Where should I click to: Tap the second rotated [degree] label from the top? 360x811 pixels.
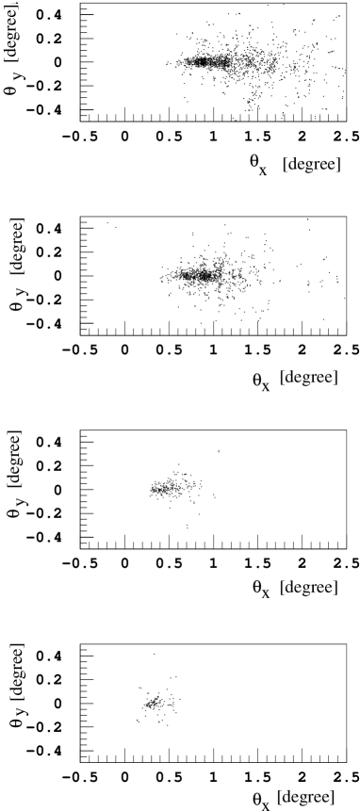coord(17,247)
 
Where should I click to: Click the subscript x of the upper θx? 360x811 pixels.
coord(266,386)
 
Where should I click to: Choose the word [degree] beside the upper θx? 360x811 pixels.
coord(308,378)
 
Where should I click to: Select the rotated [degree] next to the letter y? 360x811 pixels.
coord(15,461)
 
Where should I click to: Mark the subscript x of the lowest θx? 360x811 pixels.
coord(266,593)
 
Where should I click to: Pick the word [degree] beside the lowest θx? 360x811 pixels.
coord(308,588)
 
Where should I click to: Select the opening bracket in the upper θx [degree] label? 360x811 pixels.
coord(282,378)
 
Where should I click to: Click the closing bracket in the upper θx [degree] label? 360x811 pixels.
coord(335,378)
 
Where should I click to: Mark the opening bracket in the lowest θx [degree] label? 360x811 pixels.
coord(282,588)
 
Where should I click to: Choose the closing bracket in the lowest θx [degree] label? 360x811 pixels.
coord(335,588)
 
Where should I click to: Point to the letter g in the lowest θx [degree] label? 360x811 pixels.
coord(305,590)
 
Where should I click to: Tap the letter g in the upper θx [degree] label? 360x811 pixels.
coord(305,380)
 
